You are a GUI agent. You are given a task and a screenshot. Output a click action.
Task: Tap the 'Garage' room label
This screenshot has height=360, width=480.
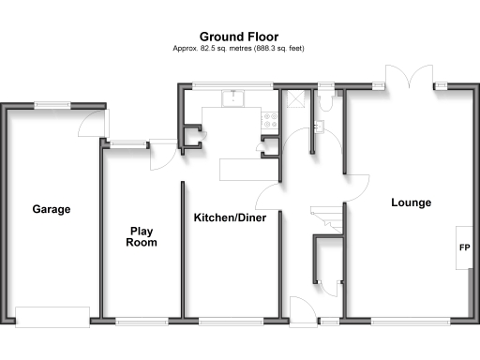click(52, 209)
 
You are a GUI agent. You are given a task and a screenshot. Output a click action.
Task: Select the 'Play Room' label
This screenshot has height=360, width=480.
click(142, 236)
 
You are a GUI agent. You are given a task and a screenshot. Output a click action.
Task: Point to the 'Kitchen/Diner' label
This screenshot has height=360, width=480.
click(230, 217)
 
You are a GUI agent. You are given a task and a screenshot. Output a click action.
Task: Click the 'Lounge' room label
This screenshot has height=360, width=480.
click(411, 202)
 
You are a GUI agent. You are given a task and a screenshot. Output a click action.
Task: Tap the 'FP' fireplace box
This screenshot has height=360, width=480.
click(464, 248)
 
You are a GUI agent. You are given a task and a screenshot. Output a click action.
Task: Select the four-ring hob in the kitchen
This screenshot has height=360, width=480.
click(271, 119)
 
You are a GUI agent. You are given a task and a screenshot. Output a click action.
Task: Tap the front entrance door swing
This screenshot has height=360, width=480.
click(303, 309)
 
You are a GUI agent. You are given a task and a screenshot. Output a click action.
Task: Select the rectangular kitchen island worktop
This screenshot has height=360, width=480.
click(248, 170)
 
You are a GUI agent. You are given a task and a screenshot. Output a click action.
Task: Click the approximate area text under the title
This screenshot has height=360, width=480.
click(240, 49)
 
